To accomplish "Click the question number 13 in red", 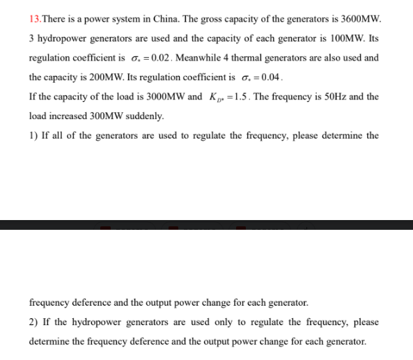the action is coord(35,18).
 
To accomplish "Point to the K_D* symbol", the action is coord(218,97).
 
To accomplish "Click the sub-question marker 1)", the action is coord(33,135).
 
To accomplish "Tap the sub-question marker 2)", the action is coord(33,322).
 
